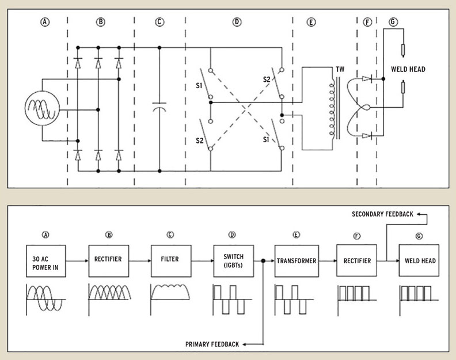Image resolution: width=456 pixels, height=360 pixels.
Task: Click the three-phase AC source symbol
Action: coord(42,108)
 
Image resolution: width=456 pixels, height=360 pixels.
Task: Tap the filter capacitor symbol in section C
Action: coord(159,107)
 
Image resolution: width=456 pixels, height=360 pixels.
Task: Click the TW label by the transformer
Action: coord(340,69)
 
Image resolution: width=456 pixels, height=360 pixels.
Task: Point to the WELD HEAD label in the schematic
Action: coord(408,69)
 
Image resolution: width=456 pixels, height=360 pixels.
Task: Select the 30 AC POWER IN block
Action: coord(46,261)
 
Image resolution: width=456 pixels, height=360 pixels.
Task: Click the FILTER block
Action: coord(171,261)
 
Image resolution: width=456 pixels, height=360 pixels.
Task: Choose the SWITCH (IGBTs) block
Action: coord(234,261)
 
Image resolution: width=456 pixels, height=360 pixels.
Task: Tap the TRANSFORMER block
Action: coord(297,261)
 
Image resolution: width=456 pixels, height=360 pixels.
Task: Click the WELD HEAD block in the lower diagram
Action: coord(419,260)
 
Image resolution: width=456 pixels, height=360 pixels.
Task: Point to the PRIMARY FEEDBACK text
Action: coord(212,344)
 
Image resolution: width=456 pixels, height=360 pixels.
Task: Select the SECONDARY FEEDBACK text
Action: coord(382,214)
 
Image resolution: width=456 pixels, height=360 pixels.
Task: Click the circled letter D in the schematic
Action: coord(237,22)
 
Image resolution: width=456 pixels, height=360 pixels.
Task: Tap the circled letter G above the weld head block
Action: coord(419,236)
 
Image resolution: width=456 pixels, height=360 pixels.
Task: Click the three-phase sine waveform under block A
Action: coord(45,300)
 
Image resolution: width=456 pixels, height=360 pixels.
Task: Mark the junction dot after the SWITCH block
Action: coord(263,261)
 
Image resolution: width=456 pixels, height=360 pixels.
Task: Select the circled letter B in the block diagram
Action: coord(109,235)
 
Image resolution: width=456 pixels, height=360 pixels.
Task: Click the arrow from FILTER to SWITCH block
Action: coord(203,261)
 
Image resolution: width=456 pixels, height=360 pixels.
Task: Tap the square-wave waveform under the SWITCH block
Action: coord(232,300)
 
